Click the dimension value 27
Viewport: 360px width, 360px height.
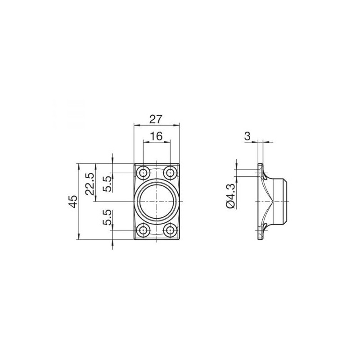(x=156, y=119)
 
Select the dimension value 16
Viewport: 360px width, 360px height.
(x=156, y=136)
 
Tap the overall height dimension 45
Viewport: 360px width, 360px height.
(x=73, y=202)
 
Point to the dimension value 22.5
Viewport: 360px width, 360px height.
(x=90, y=184)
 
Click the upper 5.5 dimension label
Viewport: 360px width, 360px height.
(x=107, y=184)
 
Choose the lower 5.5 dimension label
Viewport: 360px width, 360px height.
(x=107, y=217)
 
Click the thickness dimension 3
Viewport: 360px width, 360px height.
(x=247, y=136)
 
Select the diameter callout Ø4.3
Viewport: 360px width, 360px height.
(x=230, y=196)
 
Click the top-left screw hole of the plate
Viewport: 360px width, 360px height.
(x=144, y=172)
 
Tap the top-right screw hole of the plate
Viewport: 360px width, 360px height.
(x=170, y=172)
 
